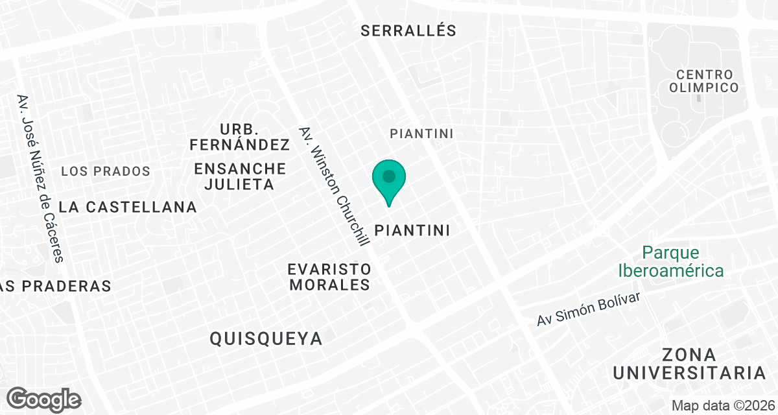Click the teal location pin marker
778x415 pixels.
click(x=389, y=182)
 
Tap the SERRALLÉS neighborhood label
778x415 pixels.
click(x=408, y=30)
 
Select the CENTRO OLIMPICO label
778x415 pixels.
click(x=703, y=81)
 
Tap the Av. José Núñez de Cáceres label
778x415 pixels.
click(x=41, y=178)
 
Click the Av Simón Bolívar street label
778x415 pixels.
click(x=589, y=309)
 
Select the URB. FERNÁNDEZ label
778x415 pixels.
click(x=239, y=136)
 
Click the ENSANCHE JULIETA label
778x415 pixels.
click(x=240, y=176)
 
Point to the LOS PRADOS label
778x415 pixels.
click(x=106, y=172)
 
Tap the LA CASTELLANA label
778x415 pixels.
click(x=127, y=207)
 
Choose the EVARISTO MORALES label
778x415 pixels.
click(x=329, y=277)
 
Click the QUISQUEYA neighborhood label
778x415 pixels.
click(x=266, y=338)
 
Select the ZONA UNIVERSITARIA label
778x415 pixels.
click(x=690, y=364)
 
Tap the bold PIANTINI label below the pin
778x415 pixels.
click(x=412, y=230)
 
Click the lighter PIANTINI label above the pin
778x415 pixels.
click(x=421, y=133)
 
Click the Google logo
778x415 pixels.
click(x=44, y=399)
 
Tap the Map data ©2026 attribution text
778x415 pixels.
click(x=723, y=405)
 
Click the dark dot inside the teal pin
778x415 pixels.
click(x=389, y=176)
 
